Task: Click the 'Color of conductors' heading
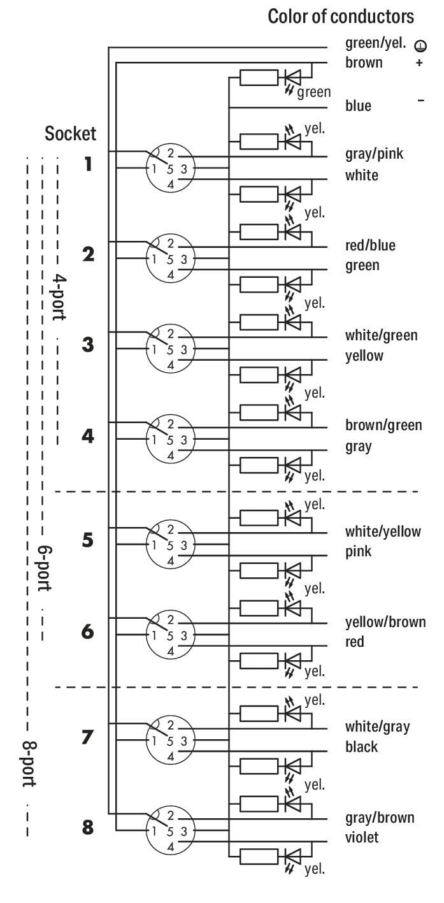(341, 17)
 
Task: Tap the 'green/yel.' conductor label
(375, 43)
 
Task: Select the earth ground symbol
(420, 46)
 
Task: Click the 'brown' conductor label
(364, 62)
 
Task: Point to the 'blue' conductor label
(358, 106)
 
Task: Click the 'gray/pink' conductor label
(375, 154)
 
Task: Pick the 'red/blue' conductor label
(370, 245)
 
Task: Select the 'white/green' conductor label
(381, 335)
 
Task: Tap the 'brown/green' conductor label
(383, 425)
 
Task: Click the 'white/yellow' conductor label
(383, 531)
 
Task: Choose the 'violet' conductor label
(362, 837)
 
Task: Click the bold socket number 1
(89, 164)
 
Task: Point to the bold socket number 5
(88, 540)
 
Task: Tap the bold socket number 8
(88, 828)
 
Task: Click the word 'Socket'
(71, 133)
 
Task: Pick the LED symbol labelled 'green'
(293, 77)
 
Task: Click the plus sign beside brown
(419, 63)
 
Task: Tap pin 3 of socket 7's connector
(183, 741)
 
